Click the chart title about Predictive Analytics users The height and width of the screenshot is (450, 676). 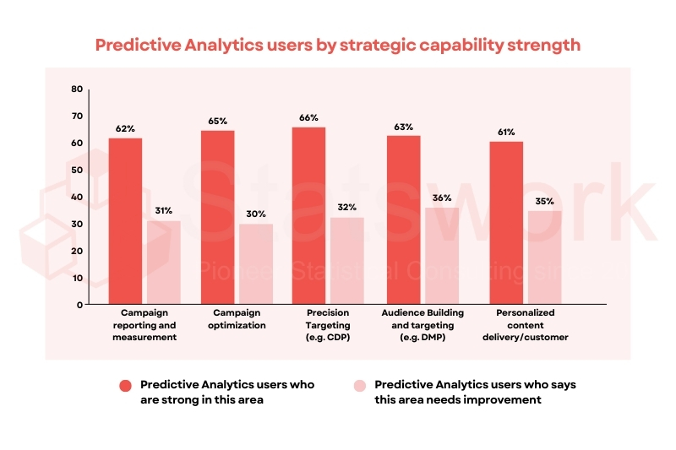click(337, 45)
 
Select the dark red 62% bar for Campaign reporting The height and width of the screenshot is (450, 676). click(125, 220)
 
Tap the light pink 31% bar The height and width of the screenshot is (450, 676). click(164, 262)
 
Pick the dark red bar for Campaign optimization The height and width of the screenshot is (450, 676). click(217, 217)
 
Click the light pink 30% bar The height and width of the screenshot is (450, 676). click(255, 263)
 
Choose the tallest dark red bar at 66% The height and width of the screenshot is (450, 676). click(308, 215)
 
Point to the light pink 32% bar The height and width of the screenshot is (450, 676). click(346, 260)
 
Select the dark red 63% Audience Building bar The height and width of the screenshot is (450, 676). click(403, 220)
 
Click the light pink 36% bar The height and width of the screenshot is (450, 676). click(441, 255)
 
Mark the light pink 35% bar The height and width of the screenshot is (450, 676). click(545, 257)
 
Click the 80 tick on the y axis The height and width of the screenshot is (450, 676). click(77, 89)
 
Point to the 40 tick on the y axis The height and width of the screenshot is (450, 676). click(77, 197)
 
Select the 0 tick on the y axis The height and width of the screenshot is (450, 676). click(79, 304)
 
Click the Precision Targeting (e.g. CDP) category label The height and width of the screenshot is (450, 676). click(329, 324)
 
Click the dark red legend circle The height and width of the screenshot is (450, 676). click(125, 385)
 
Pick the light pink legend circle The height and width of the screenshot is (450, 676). click(359, 385)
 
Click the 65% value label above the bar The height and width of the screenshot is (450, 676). click(217, 122)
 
